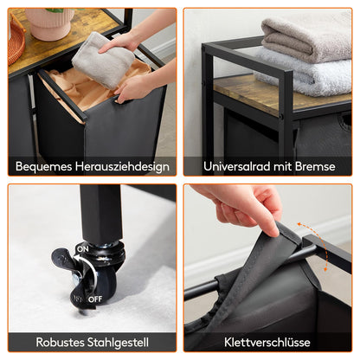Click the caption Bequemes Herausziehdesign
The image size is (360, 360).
pos(91,164)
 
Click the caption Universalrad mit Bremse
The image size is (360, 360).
pos(267,164)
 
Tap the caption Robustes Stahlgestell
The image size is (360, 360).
pos(91,341)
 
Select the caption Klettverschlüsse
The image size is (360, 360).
pos(267,341)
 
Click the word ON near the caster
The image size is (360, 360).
pos(83,248)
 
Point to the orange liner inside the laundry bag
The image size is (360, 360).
pos(87,87)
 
